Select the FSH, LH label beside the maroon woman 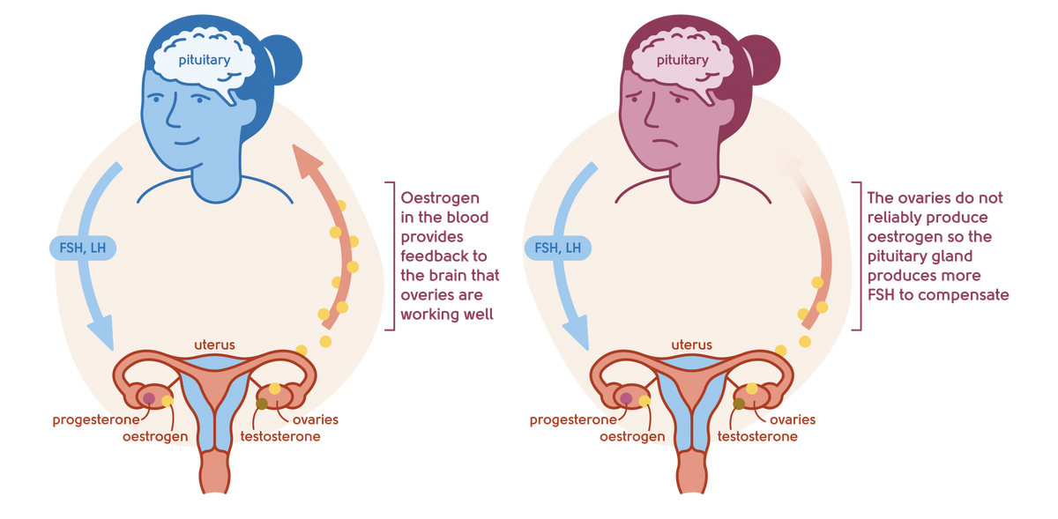[558, 248]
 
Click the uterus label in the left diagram [214, 344]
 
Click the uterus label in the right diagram [690, 344]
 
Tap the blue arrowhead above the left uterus [101, 334]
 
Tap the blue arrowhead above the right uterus [577, 334]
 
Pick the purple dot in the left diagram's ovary [149, 399]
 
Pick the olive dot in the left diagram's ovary [262, 404]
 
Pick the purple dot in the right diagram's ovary [626, 399]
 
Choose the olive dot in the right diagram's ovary [739, 404]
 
